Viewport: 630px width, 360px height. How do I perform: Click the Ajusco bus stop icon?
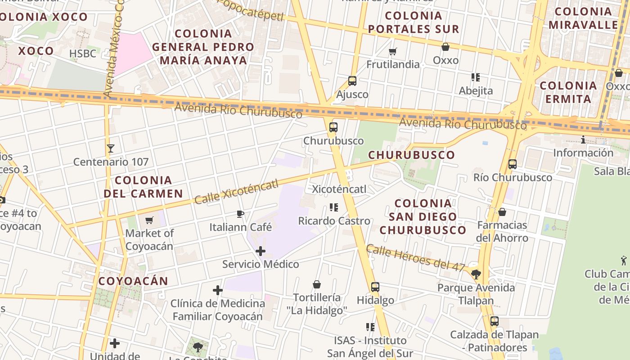pos(352,81)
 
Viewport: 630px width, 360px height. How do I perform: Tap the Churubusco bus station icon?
pos(333,127)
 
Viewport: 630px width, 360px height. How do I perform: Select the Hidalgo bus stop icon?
pos(375,287)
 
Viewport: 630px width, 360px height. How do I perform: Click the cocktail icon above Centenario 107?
pos(111,148)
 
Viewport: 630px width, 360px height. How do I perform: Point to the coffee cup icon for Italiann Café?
pos(240,214)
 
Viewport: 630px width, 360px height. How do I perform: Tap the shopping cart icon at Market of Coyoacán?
pos(149,220)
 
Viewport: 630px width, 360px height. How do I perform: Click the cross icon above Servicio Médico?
pos(261,251)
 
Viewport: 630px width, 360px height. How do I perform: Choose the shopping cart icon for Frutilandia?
pos(393,51)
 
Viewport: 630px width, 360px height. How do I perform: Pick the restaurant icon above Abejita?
pos(476,77)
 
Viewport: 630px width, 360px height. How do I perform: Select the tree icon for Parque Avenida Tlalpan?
pos(476,274)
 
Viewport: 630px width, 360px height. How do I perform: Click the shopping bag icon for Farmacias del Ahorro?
pos(502,211)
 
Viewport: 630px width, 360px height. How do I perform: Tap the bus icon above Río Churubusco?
pos(512,164)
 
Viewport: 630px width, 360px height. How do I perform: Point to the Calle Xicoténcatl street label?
pos(236,191)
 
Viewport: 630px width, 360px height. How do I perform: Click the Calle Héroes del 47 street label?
pos(415,258)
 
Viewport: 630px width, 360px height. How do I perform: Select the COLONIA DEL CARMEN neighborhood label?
pos(143,187)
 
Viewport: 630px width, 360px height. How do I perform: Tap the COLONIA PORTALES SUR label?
pos(414,22)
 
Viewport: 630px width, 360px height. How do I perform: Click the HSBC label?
pos(83,54)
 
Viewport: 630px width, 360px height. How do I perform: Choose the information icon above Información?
pos(583,140)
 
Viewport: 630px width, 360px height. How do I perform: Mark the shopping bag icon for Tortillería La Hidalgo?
pos(317,284)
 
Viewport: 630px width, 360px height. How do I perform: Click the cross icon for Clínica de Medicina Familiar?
pos(218,290)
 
